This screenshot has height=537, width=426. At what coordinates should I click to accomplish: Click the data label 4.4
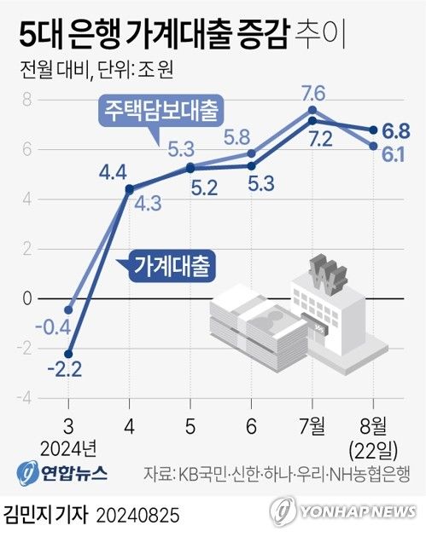[114, 173]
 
